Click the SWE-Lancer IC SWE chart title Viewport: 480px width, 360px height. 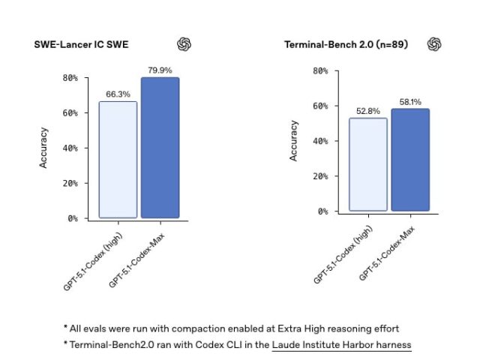(x=81, y=45)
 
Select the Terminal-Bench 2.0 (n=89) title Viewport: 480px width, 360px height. (x=346, y=45)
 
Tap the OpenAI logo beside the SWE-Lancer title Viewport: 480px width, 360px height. (x=184, y=44)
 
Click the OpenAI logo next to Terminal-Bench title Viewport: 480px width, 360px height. (x=434, y=44)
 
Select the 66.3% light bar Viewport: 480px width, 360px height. (x=118, y=160)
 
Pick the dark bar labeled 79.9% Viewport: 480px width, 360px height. (x=160, y=148)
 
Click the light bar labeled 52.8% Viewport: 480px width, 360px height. (x=368, y=164)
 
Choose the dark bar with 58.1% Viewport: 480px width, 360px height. (x=410, y=160)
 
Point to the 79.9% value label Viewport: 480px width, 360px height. (x=160, y=70)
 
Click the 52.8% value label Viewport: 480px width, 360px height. (x=368, y=111)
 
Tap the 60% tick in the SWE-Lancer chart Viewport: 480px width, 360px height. (x=70, y=113)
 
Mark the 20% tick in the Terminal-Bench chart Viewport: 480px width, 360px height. (x=320, y=176)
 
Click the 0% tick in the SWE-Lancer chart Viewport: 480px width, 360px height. (x=73, y=218)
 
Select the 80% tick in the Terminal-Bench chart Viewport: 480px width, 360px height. (x=320, y=71)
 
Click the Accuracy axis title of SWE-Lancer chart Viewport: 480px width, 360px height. (x=43, y=148)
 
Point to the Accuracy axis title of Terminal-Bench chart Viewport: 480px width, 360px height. (x=293, y=141)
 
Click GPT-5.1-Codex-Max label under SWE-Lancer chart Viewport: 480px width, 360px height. (x=136, y=260)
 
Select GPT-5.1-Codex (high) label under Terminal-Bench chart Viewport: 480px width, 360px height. (x=343, y=255)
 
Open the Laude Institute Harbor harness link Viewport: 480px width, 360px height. (x=342, y=345)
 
